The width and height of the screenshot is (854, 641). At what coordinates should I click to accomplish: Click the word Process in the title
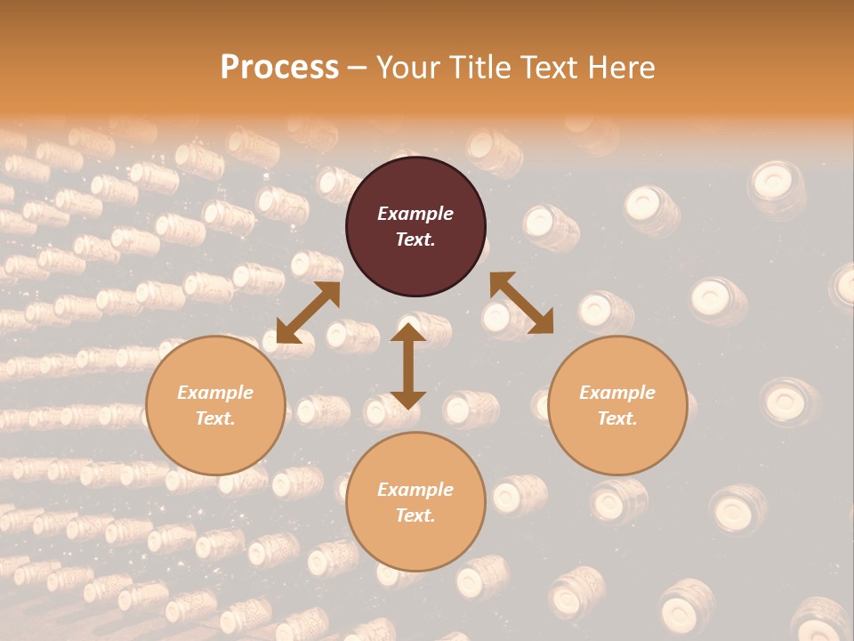[x=279, y=68]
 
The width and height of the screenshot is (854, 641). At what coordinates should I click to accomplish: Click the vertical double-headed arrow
[x=408, y=366]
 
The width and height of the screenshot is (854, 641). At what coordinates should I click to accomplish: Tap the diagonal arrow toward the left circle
[x=308, y=312]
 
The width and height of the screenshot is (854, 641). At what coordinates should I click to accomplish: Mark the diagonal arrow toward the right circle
[x=521, y=303]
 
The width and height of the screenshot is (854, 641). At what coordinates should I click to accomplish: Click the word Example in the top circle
[x=415, y=214]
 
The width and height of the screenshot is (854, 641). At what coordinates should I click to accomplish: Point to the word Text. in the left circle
[x=215, y=418]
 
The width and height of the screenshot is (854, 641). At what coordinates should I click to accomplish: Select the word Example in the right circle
[x=617, y=393]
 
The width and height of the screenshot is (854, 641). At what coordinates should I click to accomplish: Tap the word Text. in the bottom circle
[x=415, y=515]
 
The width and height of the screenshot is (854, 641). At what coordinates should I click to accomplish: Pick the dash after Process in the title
[x=357, y=68]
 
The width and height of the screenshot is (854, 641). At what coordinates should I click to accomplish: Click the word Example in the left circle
[x=215, y=393]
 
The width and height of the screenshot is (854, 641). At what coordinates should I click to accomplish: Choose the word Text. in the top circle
[x=415, y=239]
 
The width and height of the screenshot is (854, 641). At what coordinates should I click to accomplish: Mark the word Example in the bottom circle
[x=415, y=490]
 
